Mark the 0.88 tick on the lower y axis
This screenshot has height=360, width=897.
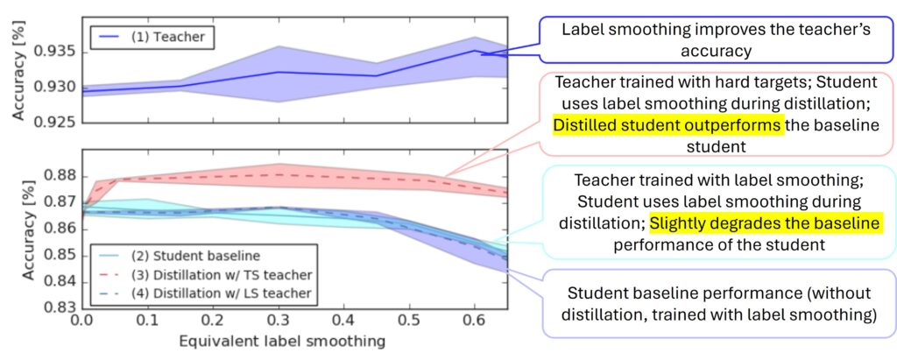pos(61,176)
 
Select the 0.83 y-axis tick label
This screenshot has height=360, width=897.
pos(61,308)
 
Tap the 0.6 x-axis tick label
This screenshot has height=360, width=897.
pos(473,323)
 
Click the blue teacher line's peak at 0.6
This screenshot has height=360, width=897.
pos(474,50)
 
